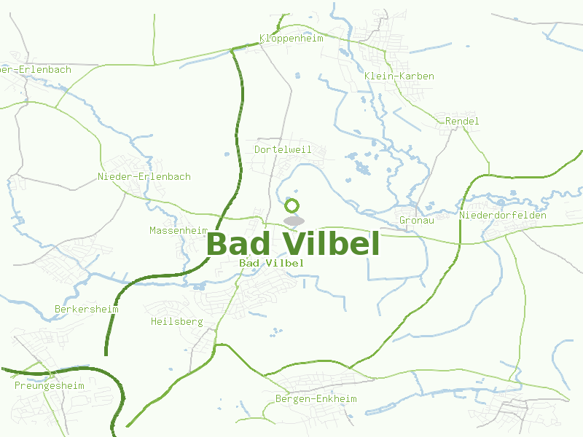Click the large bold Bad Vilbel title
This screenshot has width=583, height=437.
point(293,244)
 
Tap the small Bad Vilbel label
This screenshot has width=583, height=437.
point(271,262)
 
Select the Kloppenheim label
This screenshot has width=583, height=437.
point(291,38)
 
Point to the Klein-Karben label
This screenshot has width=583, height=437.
point(399,76)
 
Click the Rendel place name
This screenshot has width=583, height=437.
point(462,121)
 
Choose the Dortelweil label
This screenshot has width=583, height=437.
point(283,149)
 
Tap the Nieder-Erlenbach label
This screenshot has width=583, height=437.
point(144,176)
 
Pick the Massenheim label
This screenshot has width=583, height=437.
point(179,230)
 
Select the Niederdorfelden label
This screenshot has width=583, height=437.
point(503,215)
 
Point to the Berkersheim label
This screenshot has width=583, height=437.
point(86,309)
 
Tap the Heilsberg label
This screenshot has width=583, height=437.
point(176,321)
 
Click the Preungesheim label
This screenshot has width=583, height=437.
point(50,385)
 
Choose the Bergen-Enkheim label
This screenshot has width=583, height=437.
point(316,398)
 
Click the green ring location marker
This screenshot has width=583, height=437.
point(292,205)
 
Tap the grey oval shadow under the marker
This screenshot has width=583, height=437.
point(293,221)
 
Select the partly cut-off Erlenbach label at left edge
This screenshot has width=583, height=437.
point(36,70)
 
